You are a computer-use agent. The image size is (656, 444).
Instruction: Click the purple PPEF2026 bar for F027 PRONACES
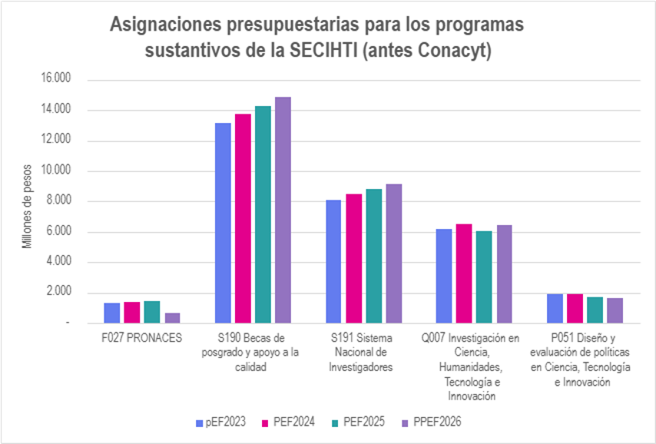pos(174,318)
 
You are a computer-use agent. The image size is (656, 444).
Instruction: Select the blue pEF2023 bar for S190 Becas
pos(223,223)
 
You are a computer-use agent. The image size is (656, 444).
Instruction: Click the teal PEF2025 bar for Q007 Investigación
pos(484,277)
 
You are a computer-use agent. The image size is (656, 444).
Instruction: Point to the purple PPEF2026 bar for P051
pos(615,310)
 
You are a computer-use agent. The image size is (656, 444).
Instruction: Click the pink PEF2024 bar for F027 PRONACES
pos(132,313)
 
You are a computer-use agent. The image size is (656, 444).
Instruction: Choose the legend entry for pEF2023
pos(223,422)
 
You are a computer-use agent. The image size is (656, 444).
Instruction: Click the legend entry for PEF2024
pos(287,422)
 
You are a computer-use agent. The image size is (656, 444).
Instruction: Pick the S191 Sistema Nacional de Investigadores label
pos(362,353)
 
